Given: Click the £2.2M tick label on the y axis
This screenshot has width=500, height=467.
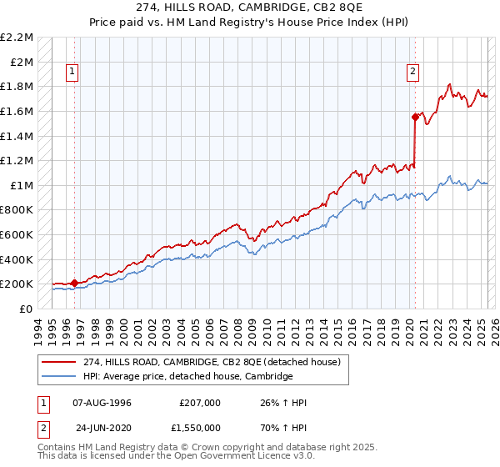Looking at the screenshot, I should (17, 38).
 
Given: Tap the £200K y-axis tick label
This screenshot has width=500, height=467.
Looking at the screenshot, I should (17, 284).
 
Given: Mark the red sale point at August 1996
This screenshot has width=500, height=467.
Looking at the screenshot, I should (75, 283).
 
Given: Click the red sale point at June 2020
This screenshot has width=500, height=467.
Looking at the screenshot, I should (414, 118).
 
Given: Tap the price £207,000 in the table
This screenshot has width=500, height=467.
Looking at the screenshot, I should (200, 403).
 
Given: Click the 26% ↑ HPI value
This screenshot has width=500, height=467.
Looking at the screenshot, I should (284, 403).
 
